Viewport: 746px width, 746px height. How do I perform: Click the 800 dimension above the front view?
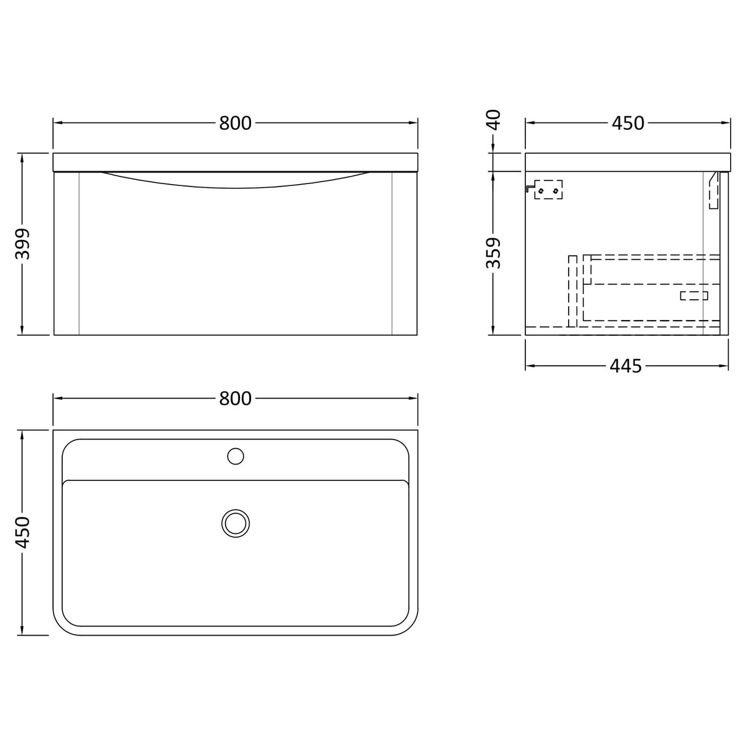(x=235, y=123)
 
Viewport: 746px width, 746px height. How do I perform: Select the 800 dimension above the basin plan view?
(x=235, y=399)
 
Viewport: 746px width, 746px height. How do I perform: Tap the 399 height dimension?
(x=23, y=244)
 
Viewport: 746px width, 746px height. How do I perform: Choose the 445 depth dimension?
(x=626, y=366)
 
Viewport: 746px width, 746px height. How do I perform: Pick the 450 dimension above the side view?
(x=628, y=123)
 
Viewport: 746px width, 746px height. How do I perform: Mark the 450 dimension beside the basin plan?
(x=23, y=532)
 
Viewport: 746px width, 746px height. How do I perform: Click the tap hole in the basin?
(x=235, y=455)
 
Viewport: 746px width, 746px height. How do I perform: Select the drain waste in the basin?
(x=235, y=523)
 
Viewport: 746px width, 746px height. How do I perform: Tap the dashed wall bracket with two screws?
(x=548, y=190)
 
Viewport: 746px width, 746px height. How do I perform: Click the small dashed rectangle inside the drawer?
(x=694, y=296)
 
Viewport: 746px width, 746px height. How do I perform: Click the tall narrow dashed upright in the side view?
(x=572, y=291)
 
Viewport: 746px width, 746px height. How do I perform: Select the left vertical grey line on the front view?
(x=79, y=253)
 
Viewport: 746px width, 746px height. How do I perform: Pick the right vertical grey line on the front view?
(x=392, y=253)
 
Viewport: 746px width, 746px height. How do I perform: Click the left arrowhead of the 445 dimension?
(x=529, y=366)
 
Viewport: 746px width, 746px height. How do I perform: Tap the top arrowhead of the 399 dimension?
(x=23, y=156)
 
